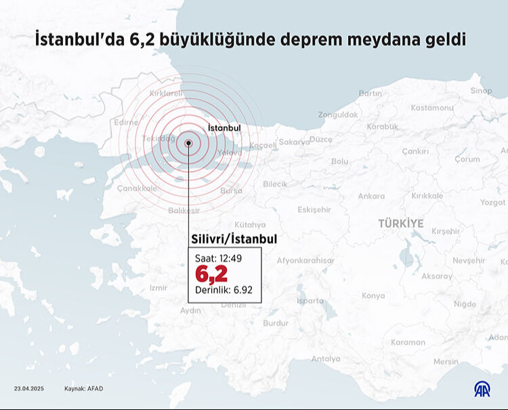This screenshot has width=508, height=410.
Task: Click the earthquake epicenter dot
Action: pos(189,143)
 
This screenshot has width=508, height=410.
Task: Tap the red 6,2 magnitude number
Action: pos(211,274)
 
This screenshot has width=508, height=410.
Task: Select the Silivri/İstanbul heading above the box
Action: pos(234,239)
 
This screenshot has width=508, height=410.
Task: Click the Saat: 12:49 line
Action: pos(217,258)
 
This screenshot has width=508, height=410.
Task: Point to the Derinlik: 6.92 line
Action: pos(223,290)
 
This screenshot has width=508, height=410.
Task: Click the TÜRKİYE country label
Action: pos(401,223)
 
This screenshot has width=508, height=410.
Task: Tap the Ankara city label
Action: pos(371,197)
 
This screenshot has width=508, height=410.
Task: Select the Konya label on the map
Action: pos(373,295)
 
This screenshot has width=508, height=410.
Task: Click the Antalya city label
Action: pos(326,358)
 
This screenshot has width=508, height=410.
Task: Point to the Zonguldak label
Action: pos(337,115)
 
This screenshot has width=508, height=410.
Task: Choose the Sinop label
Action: pos(481,91)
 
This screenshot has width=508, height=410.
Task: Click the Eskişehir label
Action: pos(314,209)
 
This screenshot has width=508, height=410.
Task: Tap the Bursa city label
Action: pos(231,191)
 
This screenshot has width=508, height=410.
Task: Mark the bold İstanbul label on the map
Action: pos(224,127)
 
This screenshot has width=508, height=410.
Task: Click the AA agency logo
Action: pos(482,389)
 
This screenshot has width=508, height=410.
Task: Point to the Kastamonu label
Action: pos(431,108)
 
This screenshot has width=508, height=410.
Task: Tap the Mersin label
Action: pos(446,361)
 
